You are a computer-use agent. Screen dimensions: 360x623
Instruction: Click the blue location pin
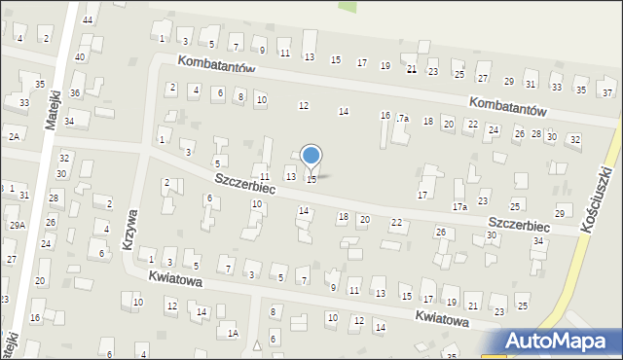pyautogui.click(x=311, y=156)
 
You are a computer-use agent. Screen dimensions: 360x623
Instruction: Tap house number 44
pyautogui.click(x=88, y=19)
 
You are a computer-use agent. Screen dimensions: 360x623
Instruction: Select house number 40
pyautogui.click(x=80, y=57)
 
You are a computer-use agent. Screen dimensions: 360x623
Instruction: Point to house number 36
pyautogui.click(x=75, y=92)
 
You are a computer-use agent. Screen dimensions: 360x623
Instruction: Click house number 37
pyautogui.click(x=606, y=92)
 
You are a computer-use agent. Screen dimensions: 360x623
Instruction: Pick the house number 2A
pyautogui.click(x=14, y=137)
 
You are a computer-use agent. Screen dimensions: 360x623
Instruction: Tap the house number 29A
pyautogui.click(x=17, y=225)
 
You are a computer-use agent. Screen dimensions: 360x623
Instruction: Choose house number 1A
pyautogui.click(x=234, y=334)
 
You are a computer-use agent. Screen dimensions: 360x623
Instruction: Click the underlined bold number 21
pyautogui.click(x=412, y=69)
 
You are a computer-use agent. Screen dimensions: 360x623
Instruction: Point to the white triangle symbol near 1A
pyautogui.click(x=257, y=344)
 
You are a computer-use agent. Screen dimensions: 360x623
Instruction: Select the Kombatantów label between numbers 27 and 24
pyautogui.click(x=508, y=105)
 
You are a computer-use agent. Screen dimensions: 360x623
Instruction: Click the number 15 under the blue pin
pyautogui.click(x=311, y=179)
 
